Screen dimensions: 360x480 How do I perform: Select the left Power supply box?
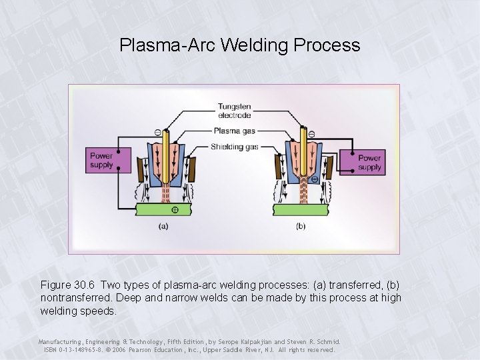pyautogui.click(x=101, y=160)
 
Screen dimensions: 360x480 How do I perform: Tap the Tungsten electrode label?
pyautogui.click(x=234, y=111)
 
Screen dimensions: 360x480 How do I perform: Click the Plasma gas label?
pyautogui.click(x=233, y=131)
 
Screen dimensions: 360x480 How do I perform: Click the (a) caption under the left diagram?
pyautogui.click(x=163, y=226)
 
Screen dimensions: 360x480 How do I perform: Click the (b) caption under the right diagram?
pyautogui.click(x=301, y=226)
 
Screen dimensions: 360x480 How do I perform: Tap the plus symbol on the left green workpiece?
pyautogui.click(x=175, y=209)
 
